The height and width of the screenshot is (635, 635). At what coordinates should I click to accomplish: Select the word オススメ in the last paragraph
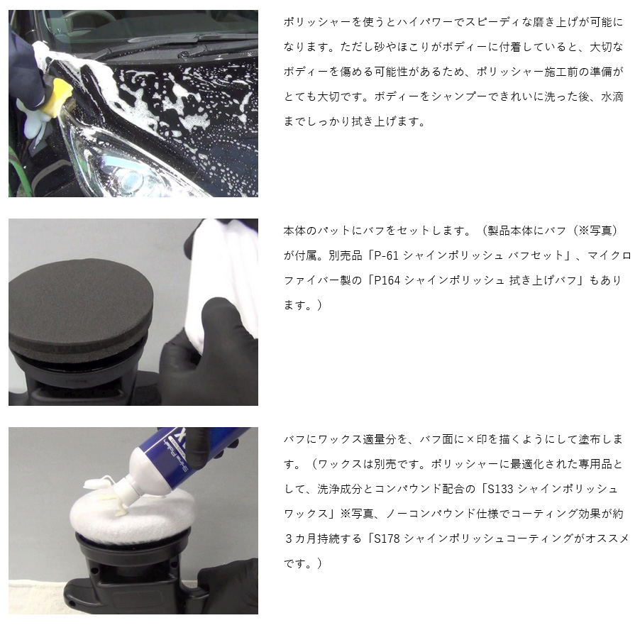[606, 539]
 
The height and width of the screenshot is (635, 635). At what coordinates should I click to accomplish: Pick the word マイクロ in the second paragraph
[609, 255]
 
